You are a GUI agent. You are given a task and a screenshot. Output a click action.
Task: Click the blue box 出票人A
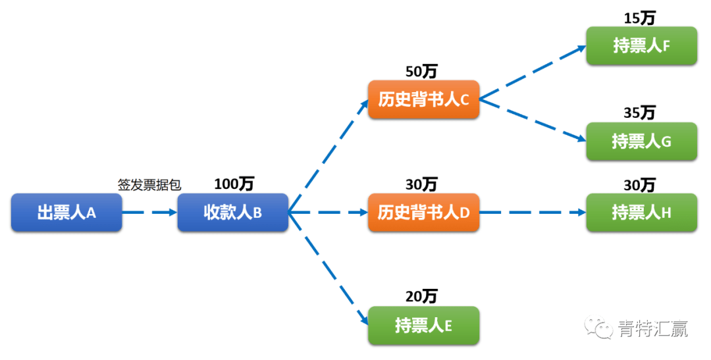click(66, 213)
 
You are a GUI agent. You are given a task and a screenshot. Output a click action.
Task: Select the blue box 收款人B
click(232, 213)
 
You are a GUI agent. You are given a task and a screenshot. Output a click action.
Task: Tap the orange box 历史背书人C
click(423, 99)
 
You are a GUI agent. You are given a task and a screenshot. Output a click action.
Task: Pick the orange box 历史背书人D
click(423, 213)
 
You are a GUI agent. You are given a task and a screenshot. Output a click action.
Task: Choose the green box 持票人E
click(423, 325)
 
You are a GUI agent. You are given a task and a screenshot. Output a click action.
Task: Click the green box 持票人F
click(641, 45)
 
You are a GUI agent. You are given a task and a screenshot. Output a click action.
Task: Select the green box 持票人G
click(641, 141)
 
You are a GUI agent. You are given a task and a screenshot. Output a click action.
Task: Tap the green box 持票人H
click(641, 213)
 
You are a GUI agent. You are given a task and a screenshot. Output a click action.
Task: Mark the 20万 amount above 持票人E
click(421, 297)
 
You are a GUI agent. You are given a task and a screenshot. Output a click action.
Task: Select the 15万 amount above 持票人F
click(640, 18)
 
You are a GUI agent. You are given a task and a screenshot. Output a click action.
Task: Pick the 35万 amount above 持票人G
click(640, 113)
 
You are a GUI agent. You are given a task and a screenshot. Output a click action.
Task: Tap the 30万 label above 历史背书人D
click(421, 184)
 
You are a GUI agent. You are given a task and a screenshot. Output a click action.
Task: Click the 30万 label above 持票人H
click(640, 185)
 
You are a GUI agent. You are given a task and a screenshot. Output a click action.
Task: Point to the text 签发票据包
click(149, 185)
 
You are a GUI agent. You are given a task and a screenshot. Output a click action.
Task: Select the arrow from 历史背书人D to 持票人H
click(533, 213)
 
